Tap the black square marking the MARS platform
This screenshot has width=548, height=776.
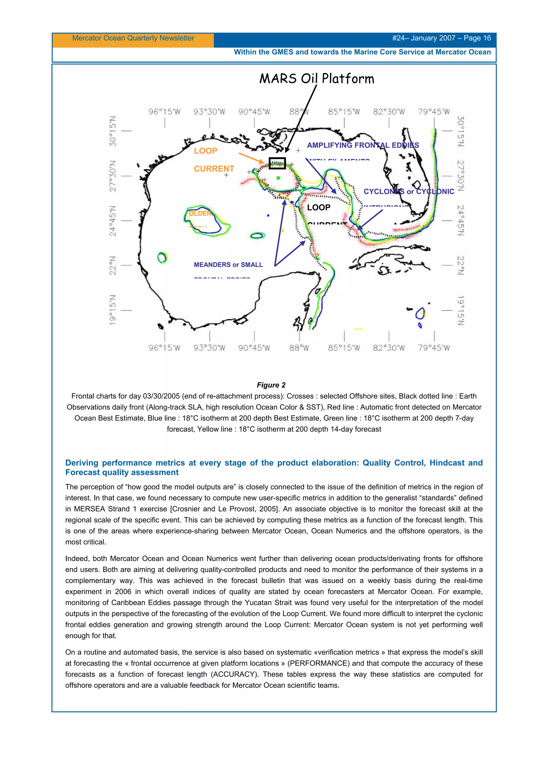click(x=277, y=163)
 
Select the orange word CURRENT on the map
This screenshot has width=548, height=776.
click(x=214, y=169)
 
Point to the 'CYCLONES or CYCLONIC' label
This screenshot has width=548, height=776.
click(x=409, y=192)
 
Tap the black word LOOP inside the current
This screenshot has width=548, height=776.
click(x=318, y=208)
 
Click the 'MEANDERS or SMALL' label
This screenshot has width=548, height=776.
click(x=228, y=265)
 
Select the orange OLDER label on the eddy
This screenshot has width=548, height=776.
click(x=200, y=214)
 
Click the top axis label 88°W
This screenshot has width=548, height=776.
click(x=299, y=112)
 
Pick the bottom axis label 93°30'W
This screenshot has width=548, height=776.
click(x=209, y=348)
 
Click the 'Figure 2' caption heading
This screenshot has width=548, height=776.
click(x=271, y=385)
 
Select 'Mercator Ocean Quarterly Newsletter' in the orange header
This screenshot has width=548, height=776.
click(x=133, y=38)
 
